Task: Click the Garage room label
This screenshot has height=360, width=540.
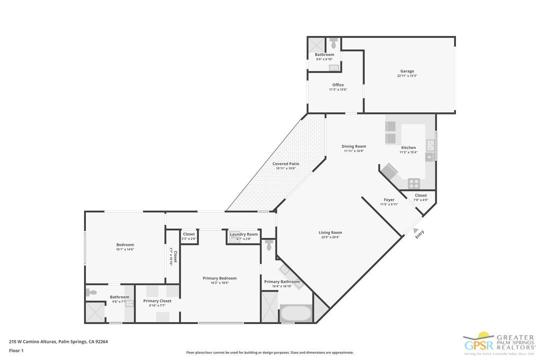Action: tap(406, 71)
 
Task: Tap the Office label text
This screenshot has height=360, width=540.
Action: tap(338, 85)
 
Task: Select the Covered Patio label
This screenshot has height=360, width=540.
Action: tap(285, 164)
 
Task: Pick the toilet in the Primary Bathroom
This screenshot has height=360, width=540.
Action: tap(269, 245)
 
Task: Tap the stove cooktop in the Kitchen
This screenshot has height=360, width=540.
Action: tap(414, 183)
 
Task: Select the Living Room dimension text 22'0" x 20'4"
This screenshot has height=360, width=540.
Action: tap(330, 237)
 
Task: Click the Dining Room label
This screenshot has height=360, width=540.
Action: tap(354, 146)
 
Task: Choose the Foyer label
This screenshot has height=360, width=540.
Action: tap(389, 200)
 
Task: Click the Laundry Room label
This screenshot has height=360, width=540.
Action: tap(244, 234)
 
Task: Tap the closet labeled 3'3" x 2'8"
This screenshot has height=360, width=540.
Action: tap(188, 236)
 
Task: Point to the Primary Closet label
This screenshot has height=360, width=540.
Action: tap(157, 301)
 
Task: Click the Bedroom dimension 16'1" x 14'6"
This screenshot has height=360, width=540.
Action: tap(125, 249)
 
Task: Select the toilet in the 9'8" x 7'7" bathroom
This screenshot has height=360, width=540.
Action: tap(91, 292)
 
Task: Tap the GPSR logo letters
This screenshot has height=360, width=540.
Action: tap(479, 345)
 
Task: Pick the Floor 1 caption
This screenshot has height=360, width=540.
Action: tap(16, 350)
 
